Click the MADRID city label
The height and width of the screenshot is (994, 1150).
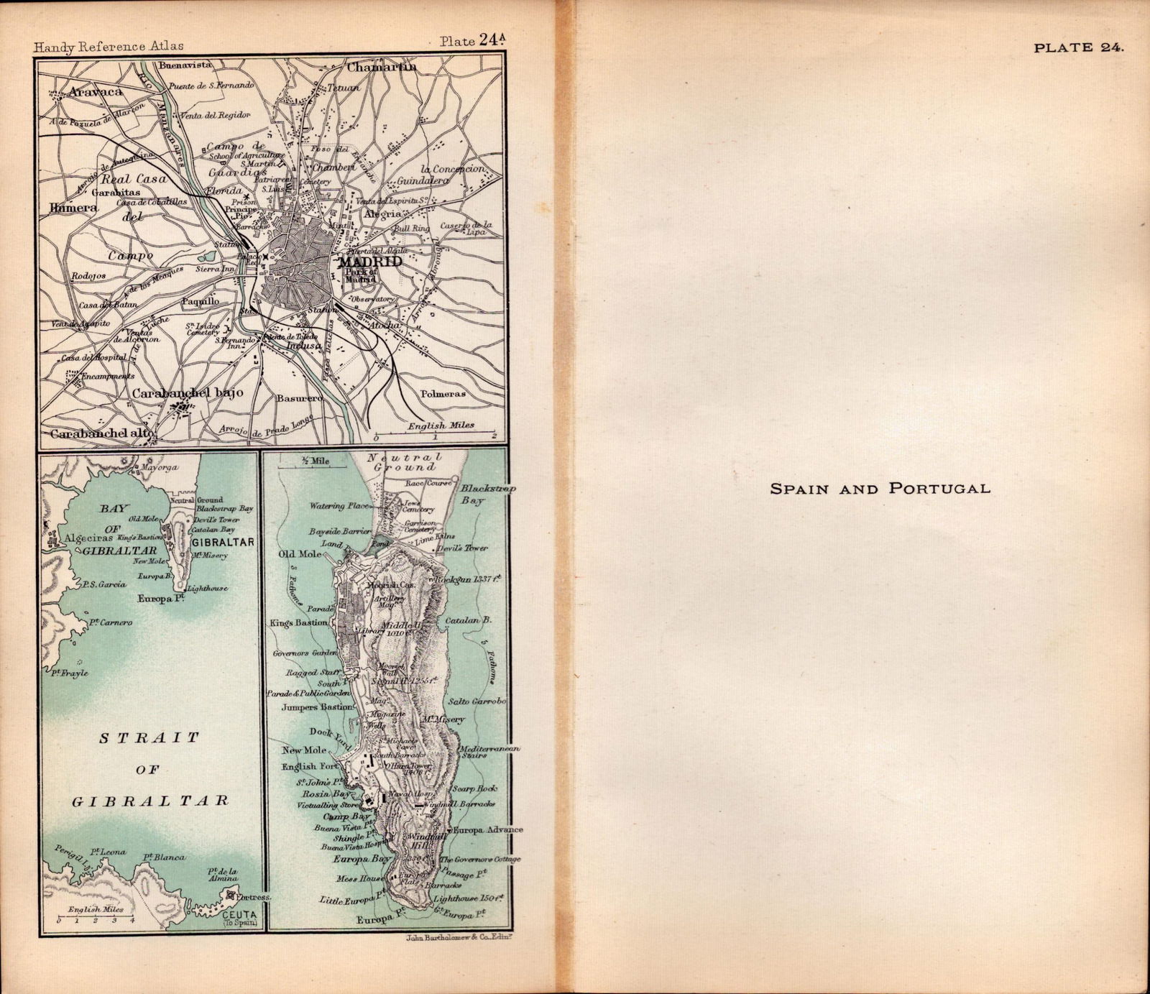coord(374,262)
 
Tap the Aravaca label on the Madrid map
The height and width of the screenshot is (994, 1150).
coord(96,92)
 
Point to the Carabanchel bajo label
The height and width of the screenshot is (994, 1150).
coord(188,393)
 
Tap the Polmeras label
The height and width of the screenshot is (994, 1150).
coord(443,394)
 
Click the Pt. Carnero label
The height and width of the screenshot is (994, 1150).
coord(111,622)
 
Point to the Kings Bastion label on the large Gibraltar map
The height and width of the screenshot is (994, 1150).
coord(299,622)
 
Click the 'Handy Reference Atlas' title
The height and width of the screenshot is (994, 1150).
coord(109,46)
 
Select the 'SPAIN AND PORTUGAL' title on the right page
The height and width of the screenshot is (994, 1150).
coord(880,489)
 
